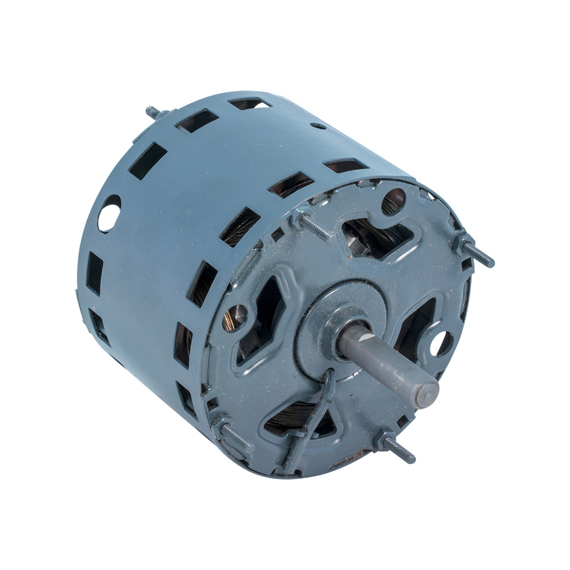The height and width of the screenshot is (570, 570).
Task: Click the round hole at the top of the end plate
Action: point(393,201)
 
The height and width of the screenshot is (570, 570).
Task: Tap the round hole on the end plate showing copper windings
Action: point(235,317)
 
